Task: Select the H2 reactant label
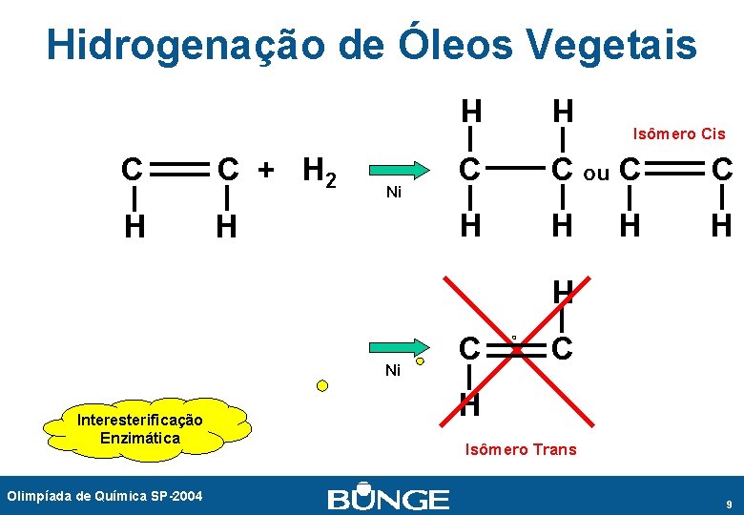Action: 318,173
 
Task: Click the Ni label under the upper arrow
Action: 393,193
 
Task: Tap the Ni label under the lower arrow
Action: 393,370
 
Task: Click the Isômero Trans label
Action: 520,449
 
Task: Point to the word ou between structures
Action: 596,174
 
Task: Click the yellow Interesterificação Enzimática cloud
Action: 141,428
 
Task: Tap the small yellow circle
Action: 322,386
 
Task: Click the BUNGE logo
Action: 387,499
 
